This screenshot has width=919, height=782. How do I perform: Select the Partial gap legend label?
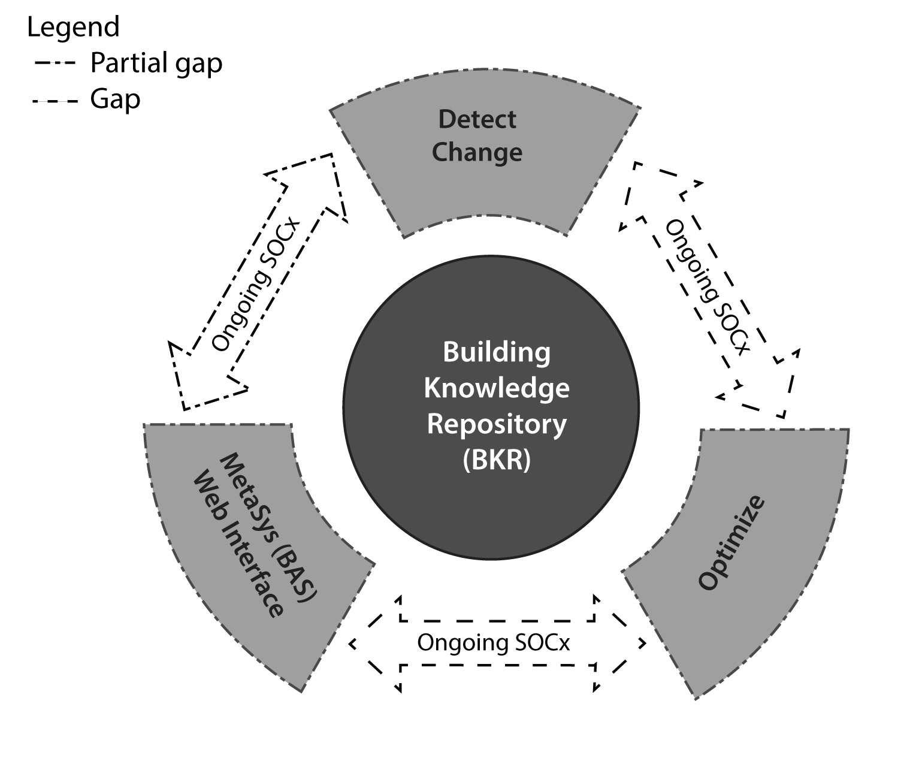tap(156, 63)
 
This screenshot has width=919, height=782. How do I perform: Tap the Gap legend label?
tap(115, 99)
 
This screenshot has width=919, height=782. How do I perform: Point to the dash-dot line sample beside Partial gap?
tap(55, 63)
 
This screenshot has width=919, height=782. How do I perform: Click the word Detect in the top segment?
tap(477, 119)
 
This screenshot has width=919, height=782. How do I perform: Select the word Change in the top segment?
tap(477, 152)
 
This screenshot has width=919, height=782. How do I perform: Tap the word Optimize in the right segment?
tap(731, 542)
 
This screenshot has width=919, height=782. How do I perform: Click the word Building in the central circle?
tap(496, 352)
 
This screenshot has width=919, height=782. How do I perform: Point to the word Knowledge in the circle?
tap(496, 388)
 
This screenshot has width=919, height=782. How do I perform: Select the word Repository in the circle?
tap(496, 424)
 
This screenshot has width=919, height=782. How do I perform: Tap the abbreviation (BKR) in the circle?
tap(496, 460)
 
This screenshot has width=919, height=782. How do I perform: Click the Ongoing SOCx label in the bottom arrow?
tap(493, 642)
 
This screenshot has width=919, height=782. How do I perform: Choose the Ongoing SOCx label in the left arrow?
tap(255, 285)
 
